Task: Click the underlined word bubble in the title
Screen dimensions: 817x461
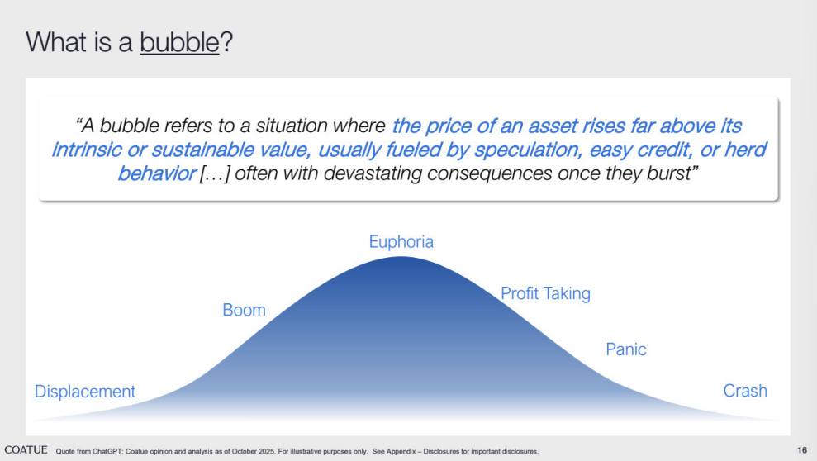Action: coord(179,42)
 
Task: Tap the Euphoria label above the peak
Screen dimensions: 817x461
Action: coord(401,242)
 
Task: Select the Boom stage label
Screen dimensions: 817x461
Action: coord(244,310)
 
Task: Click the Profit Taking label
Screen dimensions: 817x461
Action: coord(545,294)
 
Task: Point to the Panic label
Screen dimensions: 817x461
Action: coord(626,349)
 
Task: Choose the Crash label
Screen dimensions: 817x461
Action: coord(745,391)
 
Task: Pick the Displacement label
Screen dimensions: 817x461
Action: coord(85,392)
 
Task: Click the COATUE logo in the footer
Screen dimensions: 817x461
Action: coord(26,450)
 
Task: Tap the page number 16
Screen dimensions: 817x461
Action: coord(802,450)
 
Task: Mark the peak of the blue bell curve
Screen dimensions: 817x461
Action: coord(401,257)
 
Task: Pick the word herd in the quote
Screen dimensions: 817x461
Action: coord(746,150)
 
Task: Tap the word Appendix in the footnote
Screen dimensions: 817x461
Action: coord(401,452)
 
